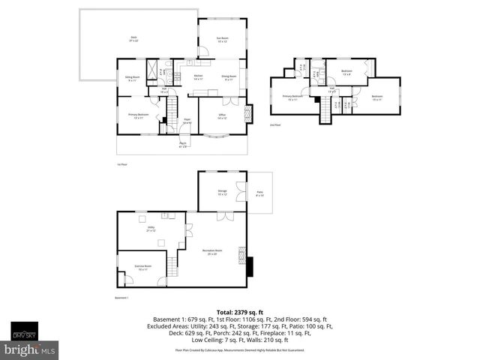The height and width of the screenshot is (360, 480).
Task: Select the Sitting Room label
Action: (x=131, y=79)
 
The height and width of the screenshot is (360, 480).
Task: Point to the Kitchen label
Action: (x=198, y=76)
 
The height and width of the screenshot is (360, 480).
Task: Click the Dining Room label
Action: (x=229, y=76)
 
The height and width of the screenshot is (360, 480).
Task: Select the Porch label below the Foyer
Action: (x=183, y=145)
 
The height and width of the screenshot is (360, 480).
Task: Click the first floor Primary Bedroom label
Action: (x=138, y=116)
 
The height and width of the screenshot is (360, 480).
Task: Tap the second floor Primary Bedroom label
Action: (x=292, y=97)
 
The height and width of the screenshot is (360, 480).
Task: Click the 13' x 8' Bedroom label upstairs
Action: (x=346, y=73)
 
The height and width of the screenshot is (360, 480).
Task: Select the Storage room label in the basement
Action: (x=222, y=193)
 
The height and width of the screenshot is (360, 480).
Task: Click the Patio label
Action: (x=259, y=194)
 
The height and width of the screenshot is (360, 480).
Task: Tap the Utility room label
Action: (x=151, y=229)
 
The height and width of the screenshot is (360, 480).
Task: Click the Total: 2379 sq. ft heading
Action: (x=240, y=311)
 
